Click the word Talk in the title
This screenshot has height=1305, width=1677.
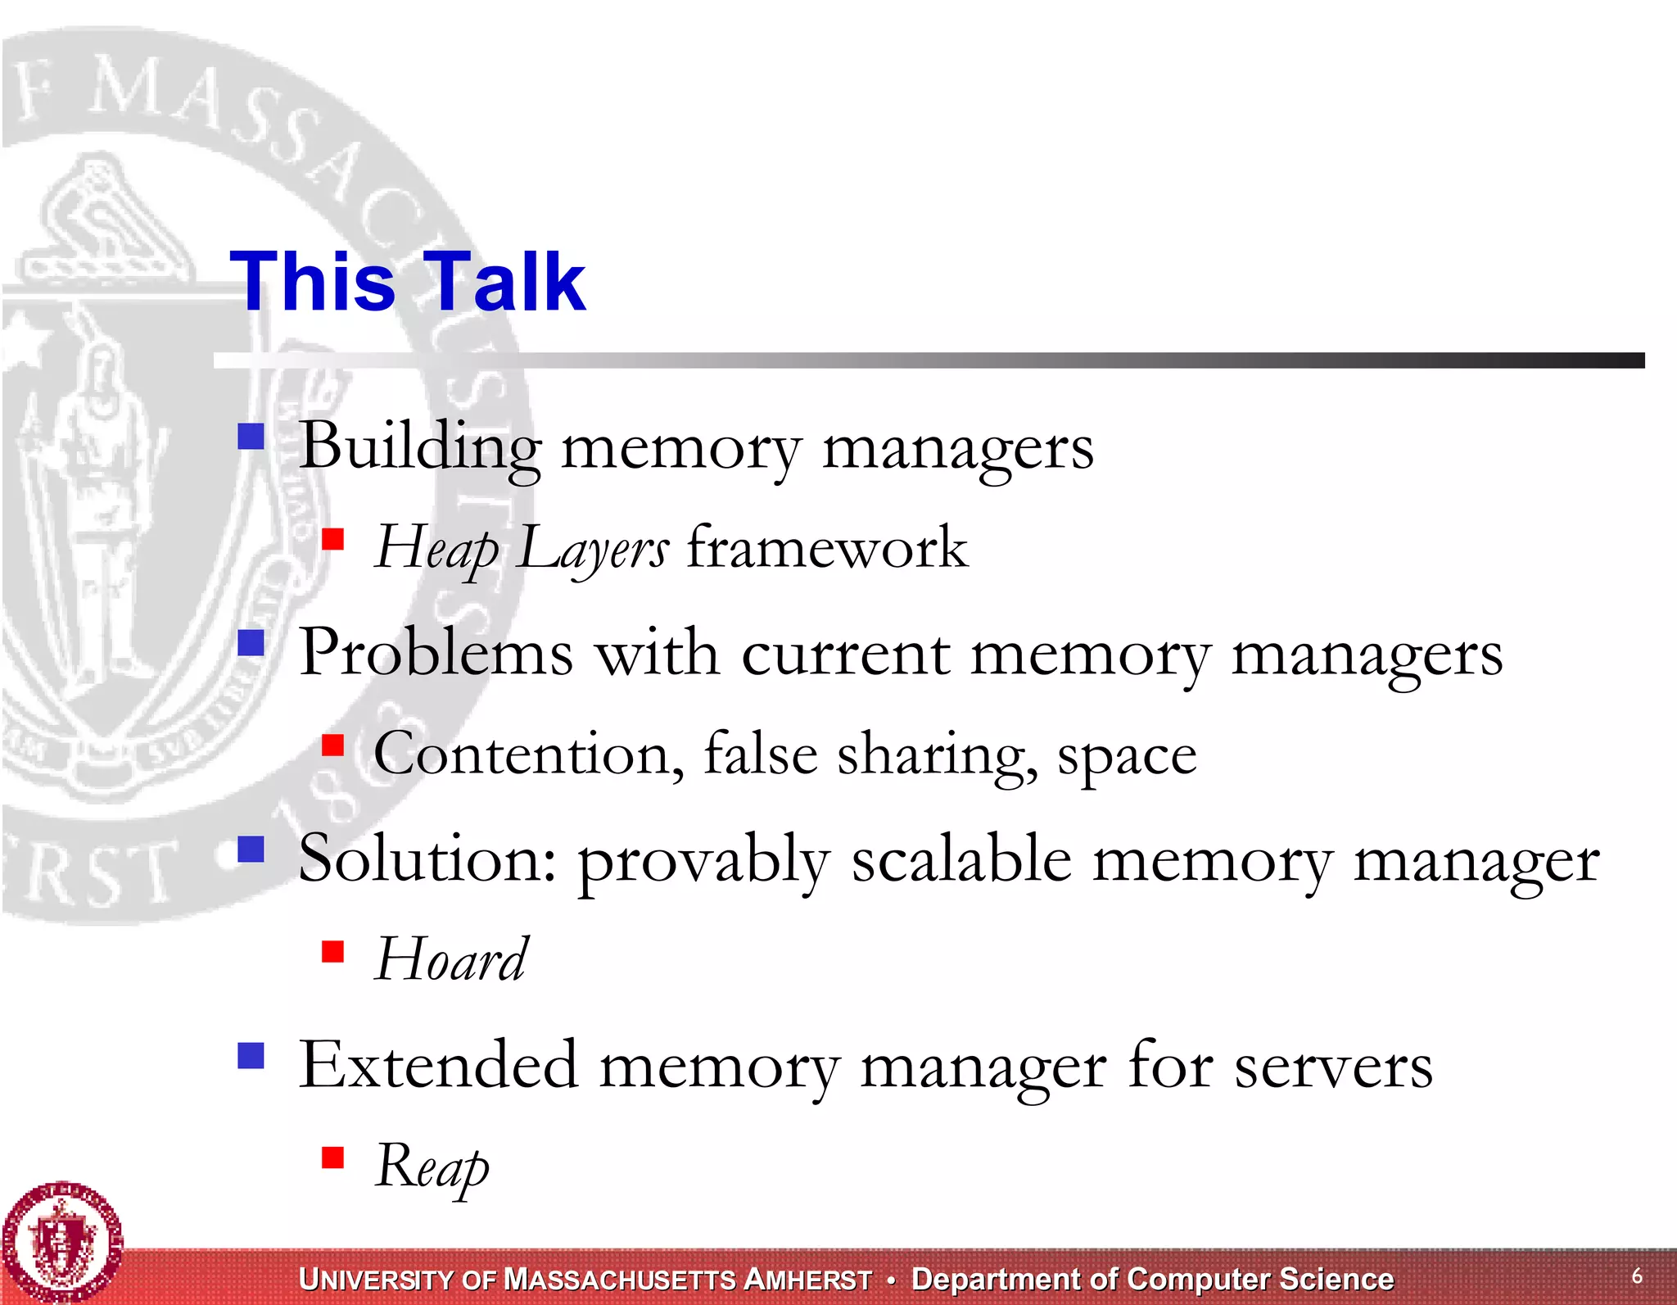pos(505,282)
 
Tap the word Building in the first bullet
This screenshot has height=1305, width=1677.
pos(420,447)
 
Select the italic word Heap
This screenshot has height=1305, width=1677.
pos(436,548)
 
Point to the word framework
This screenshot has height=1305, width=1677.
pos(827,547)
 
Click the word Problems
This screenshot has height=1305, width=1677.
pos(436,654)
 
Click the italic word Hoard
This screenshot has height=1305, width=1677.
pos(451,959)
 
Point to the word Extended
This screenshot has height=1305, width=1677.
pos(438,1065)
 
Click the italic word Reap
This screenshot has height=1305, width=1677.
pos(432,1167)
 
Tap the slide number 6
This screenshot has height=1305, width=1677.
pos(1637,1276)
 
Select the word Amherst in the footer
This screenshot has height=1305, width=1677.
pos(807,1280)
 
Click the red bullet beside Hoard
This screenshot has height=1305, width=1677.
pos(332,951)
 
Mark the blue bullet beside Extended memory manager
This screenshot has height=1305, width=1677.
pos(251,1055)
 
